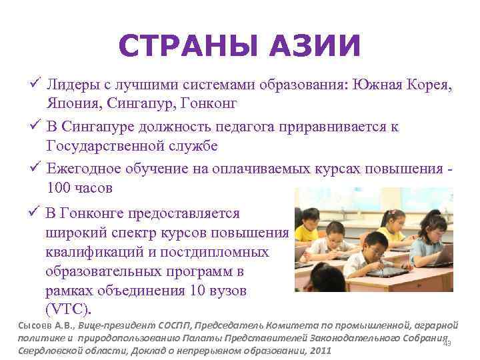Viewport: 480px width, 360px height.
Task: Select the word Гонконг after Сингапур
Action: click(x=208, y=105)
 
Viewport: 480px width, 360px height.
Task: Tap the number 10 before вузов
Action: click(x=197, y=291)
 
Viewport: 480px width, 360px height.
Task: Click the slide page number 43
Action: click(x=447, y=343)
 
